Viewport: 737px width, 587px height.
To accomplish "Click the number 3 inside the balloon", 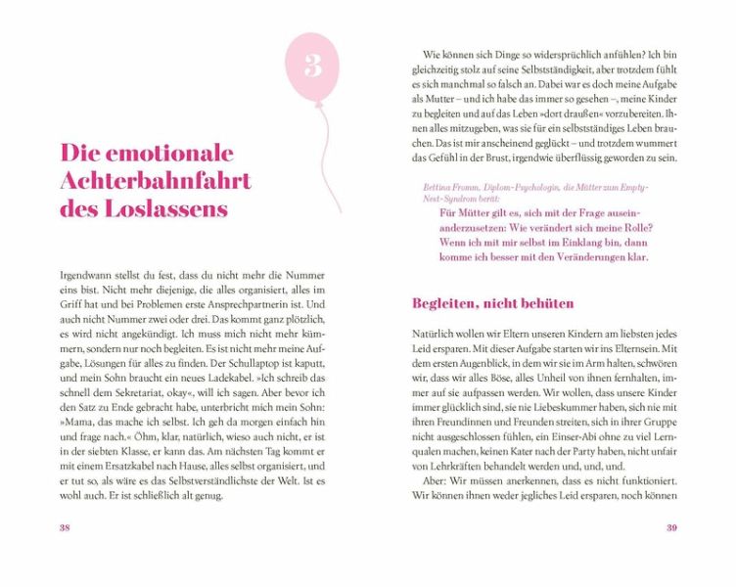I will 313,66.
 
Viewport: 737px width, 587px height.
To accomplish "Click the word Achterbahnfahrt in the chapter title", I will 156,181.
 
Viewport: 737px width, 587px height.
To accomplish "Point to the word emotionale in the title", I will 170,153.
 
